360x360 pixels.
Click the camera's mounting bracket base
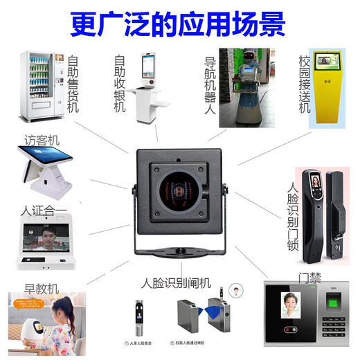coord(181,250)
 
